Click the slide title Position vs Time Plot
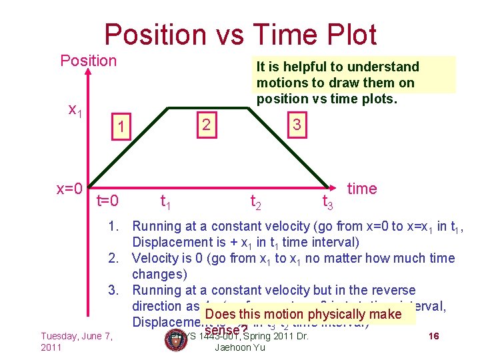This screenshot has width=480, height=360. click(x=240, y=34)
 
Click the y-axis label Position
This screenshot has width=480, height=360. click(x=88, y=61)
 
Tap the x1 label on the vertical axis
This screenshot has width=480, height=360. click(x=75, y=111)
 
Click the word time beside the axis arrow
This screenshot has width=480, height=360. click(x=362, y=189)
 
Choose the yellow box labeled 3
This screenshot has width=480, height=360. click(x=297, y=125)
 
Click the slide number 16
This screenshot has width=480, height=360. click(x=433, y=337)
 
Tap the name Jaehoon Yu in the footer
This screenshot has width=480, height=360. click(x=240, y=348)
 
